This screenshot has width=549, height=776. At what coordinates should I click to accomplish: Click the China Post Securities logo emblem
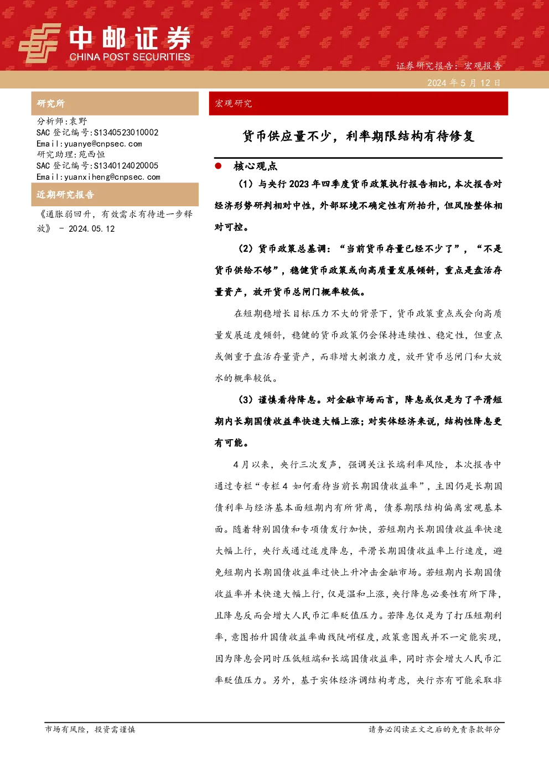tap(39, 43)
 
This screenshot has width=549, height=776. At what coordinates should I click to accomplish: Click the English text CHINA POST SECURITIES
tap(130, 57)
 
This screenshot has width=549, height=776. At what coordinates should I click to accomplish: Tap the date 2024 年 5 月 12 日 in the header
tap(464, 83)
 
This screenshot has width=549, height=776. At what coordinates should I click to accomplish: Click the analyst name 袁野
tap(79, 121)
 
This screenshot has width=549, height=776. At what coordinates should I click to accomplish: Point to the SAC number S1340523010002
tap(126, 132)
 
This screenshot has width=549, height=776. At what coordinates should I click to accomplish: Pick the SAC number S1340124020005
tap(126, 165)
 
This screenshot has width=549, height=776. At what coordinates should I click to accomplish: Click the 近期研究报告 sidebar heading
tap(65, 194)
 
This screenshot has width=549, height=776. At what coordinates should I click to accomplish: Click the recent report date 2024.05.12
tap(91, 228)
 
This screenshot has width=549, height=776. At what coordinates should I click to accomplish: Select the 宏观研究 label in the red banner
tap(233, 103)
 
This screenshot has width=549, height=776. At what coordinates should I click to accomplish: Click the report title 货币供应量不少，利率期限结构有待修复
tap(358, 136)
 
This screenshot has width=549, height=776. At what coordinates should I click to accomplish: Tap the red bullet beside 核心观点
tap(218, 166)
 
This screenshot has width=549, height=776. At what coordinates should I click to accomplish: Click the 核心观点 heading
tap(256, 166)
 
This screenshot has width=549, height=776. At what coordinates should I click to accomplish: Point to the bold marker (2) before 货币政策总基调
tap(246, 249)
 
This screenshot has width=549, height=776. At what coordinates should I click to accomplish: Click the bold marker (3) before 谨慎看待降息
tap(246, 400)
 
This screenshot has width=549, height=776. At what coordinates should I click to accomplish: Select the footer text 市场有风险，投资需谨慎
tap(90, 729)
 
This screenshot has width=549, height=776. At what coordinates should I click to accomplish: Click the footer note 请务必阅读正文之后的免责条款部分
tap(434, 729)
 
